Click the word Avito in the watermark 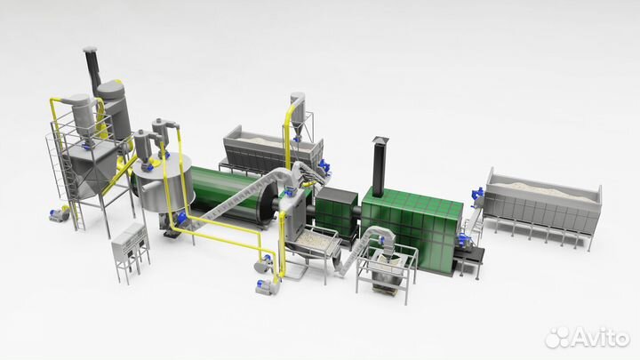click(600, 337)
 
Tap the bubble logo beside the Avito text click(557, 337)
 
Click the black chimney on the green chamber click(380, 166)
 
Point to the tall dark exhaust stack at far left click(92, 69)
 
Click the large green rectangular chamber click(412, 228)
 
